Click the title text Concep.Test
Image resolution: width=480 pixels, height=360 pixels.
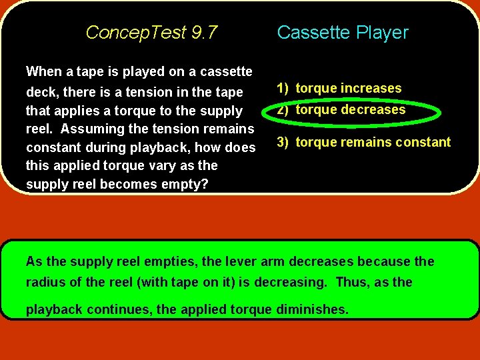click(136, 33)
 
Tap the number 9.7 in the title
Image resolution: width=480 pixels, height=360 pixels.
click(203, 33)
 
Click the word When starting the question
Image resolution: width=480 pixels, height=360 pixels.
click(43, 71)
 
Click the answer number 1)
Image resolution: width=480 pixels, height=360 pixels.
click(283, 88)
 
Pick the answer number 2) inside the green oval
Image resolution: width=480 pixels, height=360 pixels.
click(283, 110)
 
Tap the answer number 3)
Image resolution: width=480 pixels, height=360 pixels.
click(283, 142)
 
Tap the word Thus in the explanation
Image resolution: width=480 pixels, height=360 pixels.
click(351, 282)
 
